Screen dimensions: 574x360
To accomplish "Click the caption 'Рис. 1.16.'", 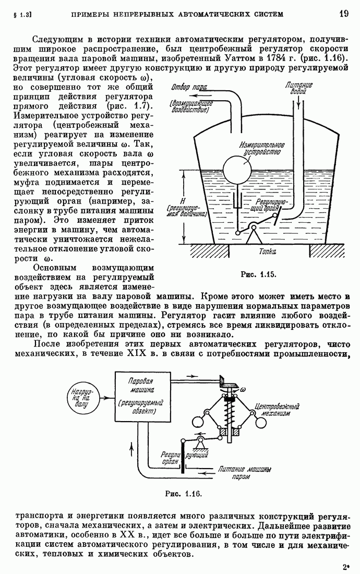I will point(183,493).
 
